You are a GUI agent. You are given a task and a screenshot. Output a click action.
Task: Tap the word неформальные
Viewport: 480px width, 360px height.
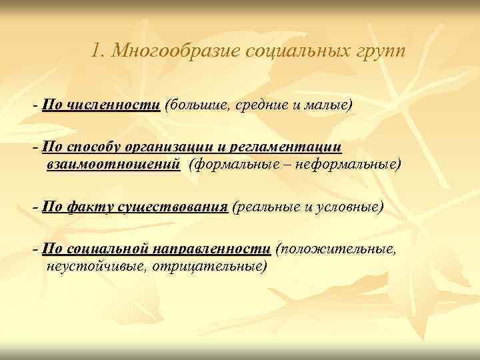pos(346,164)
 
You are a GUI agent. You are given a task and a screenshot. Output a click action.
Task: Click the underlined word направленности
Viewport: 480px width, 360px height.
pos(212,249)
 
